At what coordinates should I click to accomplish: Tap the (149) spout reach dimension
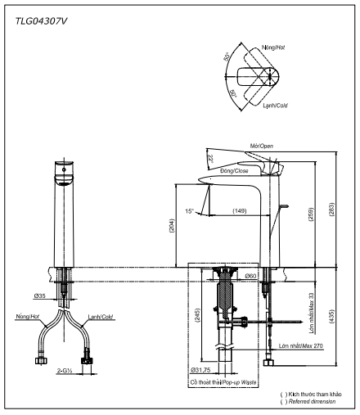coord(239,212)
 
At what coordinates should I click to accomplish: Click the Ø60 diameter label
coord(253,277)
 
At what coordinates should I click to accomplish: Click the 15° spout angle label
coord(190,211)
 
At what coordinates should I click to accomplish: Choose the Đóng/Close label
coord(236,172)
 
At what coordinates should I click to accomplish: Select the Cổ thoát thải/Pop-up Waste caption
coord(225,382)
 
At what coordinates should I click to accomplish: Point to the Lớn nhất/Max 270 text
coord(301,347)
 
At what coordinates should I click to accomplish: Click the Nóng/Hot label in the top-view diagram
coord(291,48)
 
